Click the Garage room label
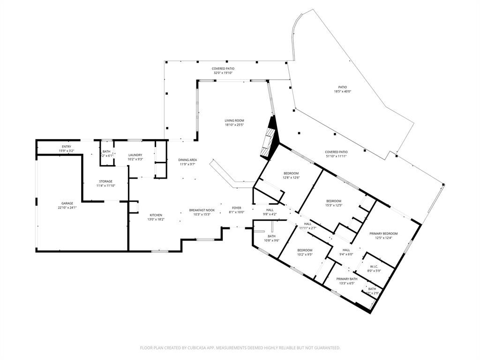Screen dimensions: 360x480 pos(67,203)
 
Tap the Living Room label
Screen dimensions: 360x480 pos(234,120)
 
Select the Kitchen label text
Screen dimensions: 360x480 pos(156,215)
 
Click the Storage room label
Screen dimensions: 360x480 pos(105,181)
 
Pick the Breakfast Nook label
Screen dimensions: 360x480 pos(202,210)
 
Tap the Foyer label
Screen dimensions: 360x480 pos(236,208)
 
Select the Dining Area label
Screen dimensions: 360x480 pos(187,160)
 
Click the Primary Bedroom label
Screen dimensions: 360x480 pos(383,233)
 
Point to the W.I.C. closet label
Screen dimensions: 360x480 pos(373,266)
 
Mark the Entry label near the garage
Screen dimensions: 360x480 pos(66,147)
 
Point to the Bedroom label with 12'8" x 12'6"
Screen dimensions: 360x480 pos(291,173)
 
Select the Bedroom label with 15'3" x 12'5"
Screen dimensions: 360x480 pos(334,201)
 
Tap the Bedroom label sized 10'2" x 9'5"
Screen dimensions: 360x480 pos(304,250)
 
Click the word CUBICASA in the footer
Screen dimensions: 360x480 pos(190,348)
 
